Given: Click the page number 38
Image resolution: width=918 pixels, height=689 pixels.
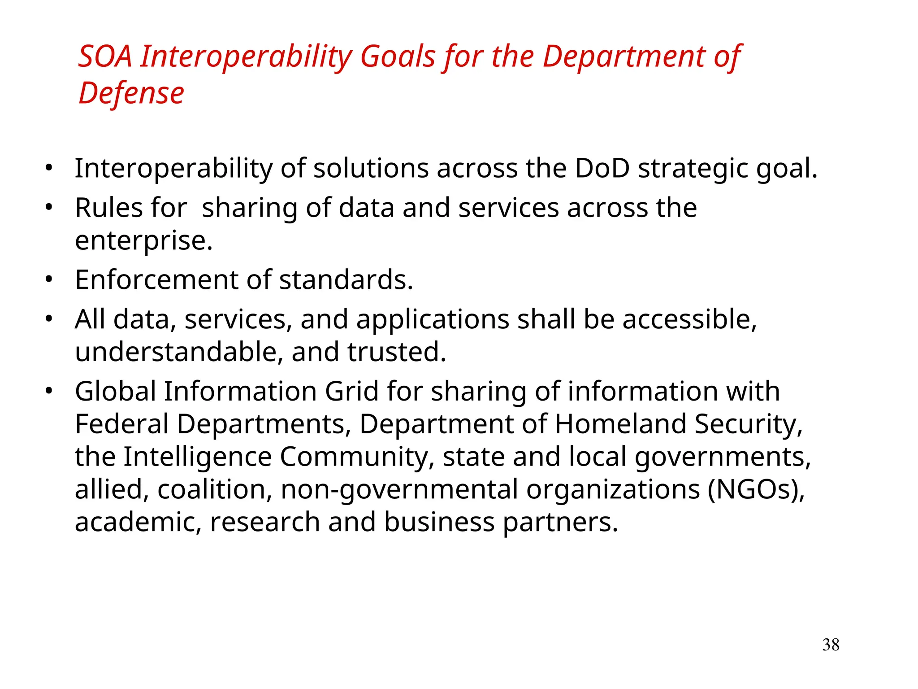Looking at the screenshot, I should click(x=831, y=645).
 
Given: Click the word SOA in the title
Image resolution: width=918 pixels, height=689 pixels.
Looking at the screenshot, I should click(x=105, y=57).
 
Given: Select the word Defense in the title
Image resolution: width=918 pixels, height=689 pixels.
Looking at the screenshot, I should click(x=131, y=94).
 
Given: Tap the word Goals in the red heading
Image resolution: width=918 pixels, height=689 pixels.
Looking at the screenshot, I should click(x=398, y=57).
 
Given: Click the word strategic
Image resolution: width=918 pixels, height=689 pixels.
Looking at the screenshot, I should click(x=693, y=170).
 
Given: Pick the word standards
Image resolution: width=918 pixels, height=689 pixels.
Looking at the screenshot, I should click(x=346, y=280).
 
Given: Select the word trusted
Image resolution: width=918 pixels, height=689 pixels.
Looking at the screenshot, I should click(x=396, y=352).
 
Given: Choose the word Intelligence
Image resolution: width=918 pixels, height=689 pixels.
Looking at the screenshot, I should click(x=198, y=458).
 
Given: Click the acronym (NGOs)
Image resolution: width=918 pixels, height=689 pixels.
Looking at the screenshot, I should click(x=756, y=490).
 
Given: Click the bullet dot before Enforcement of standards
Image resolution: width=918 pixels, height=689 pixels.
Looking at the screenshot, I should click(x=49, y=280).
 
